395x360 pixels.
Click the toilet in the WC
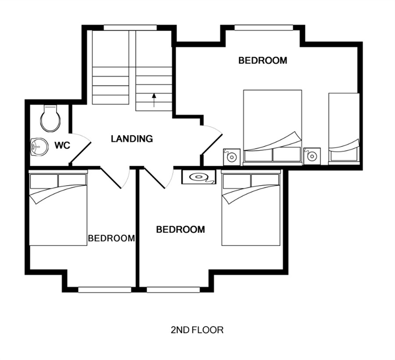[50, 118]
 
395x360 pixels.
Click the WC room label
[62, 146]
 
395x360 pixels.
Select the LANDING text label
[132, 139]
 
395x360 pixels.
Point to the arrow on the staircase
[154, 100]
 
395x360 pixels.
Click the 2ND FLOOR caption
[197, 330]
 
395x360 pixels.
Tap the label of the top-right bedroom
[263, 61]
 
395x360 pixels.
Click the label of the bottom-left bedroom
[111, 238]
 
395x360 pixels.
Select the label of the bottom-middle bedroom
[181, 229]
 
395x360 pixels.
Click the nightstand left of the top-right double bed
[232, 157]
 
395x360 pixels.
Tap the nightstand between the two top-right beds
[312, 156]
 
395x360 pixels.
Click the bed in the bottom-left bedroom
[58, 208]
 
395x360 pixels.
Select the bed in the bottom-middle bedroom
[251, 208]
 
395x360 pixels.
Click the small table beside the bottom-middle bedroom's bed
[199, 177]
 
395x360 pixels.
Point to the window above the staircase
[130, 28]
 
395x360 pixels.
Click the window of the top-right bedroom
[264, 28]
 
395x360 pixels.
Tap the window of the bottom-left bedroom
[104, 290]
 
